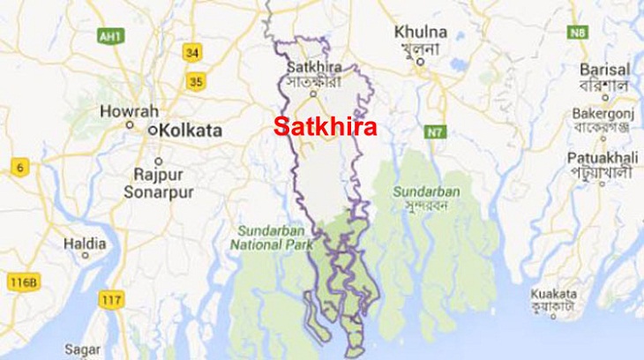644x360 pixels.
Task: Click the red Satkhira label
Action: [x=325, y=127]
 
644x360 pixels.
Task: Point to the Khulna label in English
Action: [x=421, y=32]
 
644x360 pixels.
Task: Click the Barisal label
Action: [x=605, y=69]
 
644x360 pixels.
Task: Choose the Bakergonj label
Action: [x=604, y=116]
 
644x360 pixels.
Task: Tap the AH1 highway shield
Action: [x=109, y=38]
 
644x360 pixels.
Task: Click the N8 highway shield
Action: [x=578, y=33]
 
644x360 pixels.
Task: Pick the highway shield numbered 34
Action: [x=192, y=52]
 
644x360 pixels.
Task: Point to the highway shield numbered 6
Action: [x=18, y=167]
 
